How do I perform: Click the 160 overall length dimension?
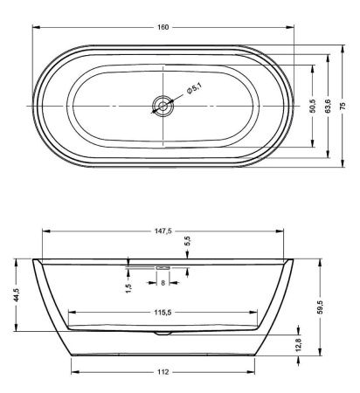[162, 27]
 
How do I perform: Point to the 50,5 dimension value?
[313, 106]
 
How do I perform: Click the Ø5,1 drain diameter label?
[193, 88]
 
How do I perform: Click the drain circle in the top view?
[163, 106]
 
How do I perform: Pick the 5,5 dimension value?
[187, 239]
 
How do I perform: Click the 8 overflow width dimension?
[163, 282]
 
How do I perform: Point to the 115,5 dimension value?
[163, 312]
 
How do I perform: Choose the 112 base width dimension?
[163, 371]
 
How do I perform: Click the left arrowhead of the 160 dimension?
[37, 27]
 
